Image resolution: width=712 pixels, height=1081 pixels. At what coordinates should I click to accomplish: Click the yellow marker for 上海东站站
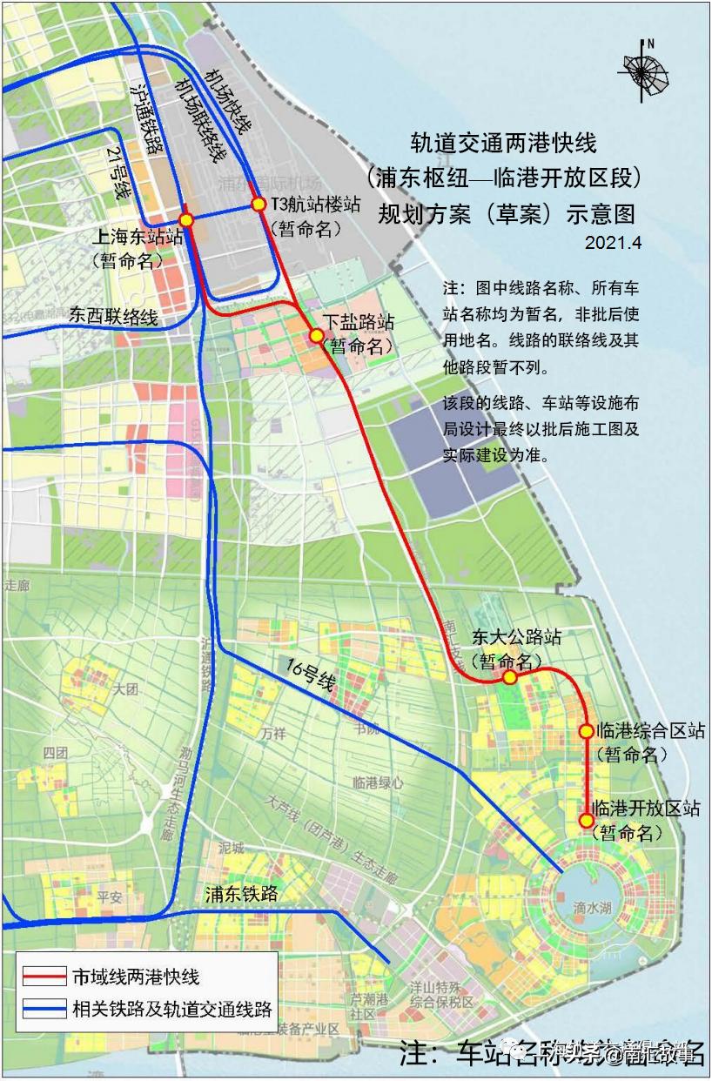click(x=186, y=220)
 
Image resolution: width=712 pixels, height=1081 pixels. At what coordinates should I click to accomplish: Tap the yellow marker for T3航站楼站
click(x=259, y=205)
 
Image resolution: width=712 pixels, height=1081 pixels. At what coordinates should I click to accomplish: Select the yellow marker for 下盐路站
click(x=317, y=335)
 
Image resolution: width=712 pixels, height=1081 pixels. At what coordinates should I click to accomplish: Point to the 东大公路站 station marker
click(x=510, y=676)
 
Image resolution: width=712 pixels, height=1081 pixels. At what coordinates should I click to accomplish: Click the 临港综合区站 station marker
click(x=587, y=731)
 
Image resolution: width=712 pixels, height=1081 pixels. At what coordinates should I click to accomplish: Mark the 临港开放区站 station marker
click(x=587, y=820)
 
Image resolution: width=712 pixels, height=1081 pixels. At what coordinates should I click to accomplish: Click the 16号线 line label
click(x=311, y=675)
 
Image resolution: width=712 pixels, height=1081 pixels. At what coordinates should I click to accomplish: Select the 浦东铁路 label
click(x=241, y=893)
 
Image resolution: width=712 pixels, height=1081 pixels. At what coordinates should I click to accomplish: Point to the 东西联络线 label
click(x=114, y=317)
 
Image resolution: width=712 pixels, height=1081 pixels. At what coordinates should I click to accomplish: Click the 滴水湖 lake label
click(x=593, y=907)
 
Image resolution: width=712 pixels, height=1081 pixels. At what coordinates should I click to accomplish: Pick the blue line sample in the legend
click(x=44, y=1010)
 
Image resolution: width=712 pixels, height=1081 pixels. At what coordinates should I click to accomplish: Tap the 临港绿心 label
click(x=379, y=782)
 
